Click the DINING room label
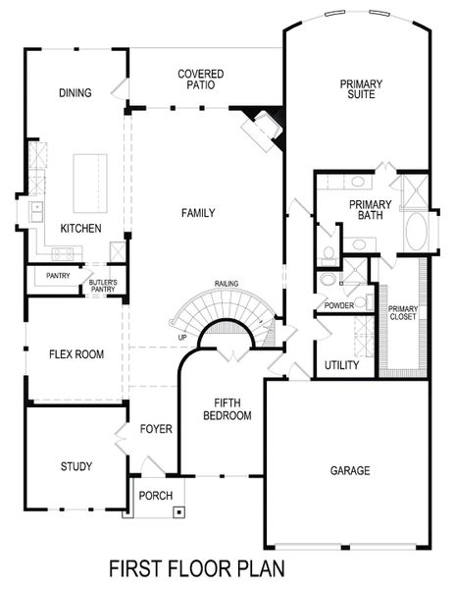76,93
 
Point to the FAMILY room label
198,213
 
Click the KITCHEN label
80,228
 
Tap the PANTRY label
58,276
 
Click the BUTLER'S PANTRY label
104,287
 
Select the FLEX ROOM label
76,353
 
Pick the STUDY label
76,466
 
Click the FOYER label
156,429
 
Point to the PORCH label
156,495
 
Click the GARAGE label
349,471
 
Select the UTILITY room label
341,365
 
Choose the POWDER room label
338,305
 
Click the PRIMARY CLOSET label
402,313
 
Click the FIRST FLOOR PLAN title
197,567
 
